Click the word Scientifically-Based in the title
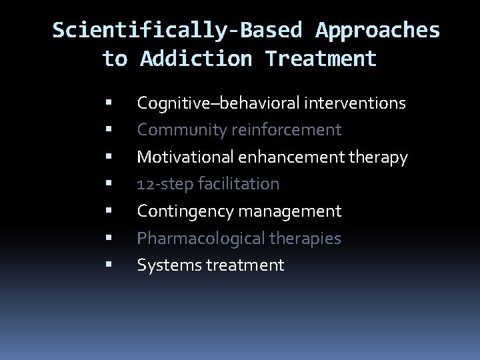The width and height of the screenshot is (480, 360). pos(177,30)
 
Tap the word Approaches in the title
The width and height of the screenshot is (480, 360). pos(378,30)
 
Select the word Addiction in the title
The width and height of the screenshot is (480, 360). pos(196,59)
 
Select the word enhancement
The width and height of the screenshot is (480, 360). pos(287,157)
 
